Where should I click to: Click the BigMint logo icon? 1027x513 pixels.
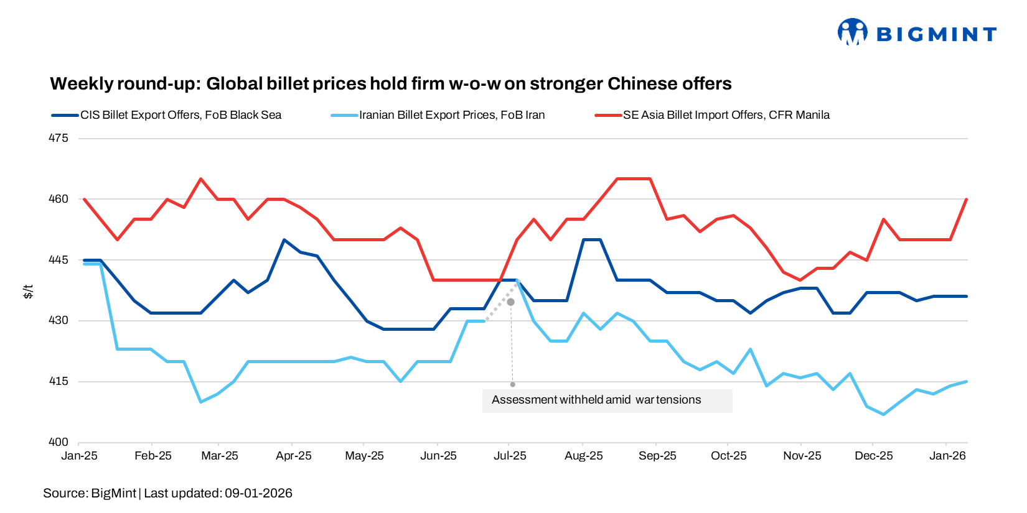click(852, 32)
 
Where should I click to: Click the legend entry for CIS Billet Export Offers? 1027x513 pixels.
click(181, 115)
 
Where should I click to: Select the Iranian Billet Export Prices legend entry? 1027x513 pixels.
click(451, 115)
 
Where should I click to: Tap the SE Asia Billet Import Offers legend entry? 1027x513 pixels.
click(726, 115)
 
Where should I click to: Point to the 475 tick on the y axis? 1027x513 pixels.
click(59, 138)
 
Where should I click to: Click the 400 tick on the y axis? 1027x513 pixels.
click(59, 442)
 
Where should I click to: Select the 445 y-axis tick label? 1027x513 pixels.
click(59, 260)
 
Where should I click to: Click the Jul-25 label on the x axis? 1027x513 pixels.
click(510, 456)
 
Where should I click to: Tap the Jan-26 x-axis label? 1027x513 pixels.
click(947, 456)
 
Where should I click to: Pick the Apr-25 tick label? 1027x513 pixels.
click(293, 456)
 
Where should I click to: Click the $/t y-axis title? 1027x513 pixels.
click(28, 291)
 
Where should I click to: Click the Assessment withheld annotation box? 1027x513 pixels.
click(607, 400)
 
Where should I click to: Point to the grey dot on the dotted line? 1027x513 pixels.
click(511, 302)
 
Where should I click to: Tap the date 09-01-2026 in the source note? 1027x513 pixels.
click(258, 494)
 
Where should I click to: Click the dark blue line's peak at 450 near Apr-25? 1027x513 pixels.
click(284, 239)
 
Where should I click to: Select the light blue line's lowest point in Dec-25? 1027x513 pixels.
click(883, 414)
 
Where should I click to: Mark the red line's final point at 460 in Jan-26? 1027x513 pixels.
click(967, 199)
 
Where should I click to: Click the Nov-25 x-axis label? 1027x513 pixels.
click(802, 456)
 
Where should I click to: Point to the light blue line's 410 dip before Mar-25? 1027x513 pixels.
click(200, 402)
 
